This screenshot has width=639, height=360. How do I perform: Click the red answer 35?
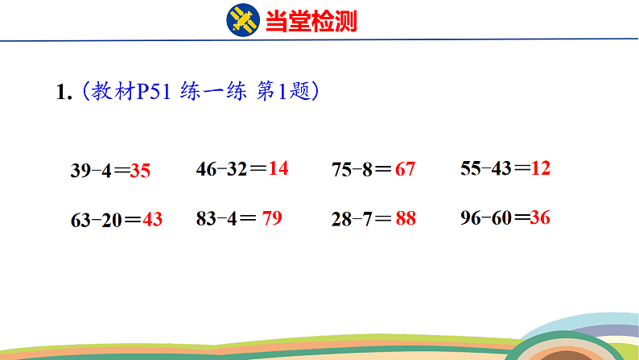coord(140,171)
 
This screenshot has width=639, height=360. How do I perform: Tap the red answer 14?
coord(278,168)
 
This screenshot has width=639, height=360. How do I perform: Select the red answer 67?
coord(406,170)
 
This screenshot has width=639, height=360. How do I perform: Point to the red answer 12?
coord(541,168)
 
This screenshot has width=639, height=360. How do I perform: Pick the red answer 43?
coord(152,219)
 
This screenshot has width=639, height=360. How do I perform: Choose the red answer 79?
coord(272,217)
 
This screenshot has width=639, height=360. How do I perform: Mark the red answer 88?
coord(406,218)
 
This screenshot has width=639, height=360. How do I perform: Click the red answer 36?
coord(540,217)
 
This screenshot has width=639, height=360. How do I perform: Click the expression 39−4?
coord(89,171)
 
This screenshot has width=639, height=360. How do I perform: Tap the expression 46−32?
coord(221,169)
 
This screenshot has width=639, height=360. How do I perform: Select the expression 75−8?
coord(351,170)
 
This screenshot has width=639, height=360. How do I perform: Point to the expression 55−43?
coord(486,168)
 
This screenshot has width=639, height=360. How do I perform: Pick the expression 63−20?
coord(95,219)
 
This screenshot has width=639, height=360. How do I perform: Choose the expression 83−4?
coord(214,217)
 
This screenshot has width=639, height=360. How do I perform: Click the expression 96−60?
coord(486,217)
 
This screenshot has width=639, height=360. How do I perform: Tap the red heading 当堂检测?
coord(311,20)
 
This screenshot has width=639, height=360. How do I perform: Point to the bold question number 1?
coord(64,93)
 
